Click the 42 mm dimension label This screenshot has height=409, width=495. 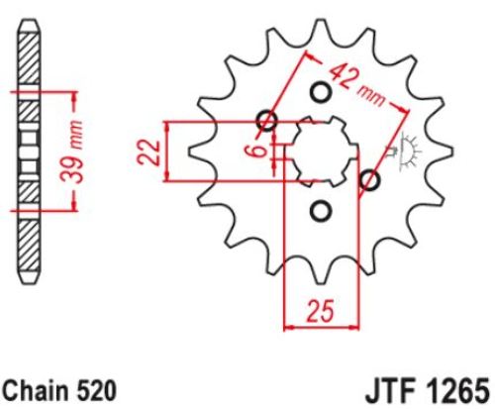click(356, 85)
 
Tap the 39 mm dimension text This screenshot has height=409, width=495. click(72, 152)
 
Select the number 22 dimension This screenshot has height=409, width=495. click(148, 153)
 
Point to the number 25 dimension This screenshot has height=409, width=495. click(321, 311)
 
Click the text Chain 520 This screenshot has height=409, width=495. click(59, 390)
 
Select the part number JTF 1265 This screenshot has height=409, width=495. click(427, 390)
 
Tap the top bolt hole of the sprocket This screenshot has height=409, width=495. click(320, 93)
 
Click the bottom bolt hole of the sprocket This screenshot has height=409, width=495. click(320, 211)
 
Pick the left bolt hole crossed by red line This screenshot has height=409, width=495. click(266, 121)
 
